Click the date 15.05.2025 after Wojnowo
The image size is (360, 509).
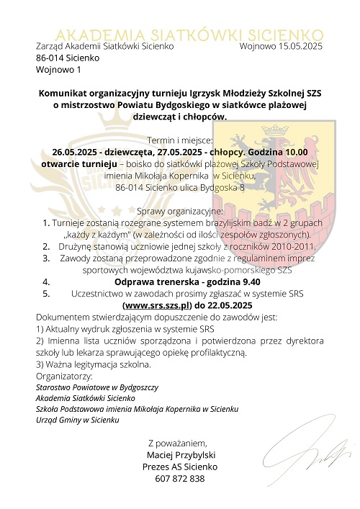tap(300, 46)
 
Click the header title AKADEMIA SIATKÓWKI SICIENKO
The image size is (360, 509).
tap(189, 34)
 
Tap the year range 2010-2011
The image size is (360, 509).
tap(287, 246)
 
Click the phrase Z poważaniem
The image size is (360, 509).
tap(177, 443)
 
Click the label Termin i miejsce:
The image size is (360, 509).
tap(179, 140)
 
